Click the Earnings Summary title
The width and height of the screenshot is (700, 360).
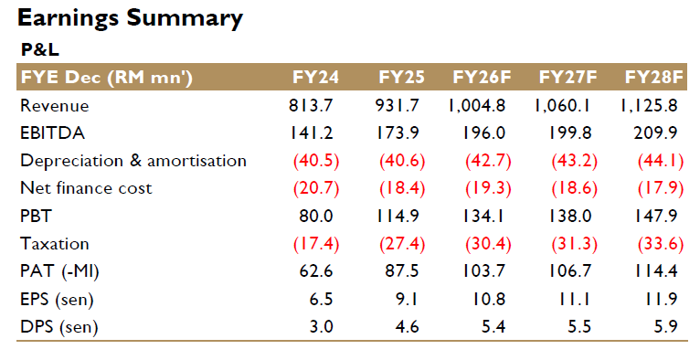click(130, 19)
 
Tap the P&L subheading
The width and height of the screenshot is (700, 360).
click(39, 49)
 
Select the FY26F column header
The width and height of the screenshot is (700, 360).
click(482, 77)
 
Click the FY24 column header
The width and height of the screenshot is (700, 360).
click(315, 77)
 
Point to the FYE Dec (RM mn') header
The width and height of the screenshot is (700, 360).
click(107, 78)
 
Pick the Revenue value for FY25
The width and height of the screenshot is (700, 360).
click(398, 105)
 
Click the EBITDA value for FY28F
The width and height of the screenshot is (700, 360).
click(655, 132)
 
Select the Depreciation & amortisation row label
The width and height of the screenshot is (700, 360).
click(133, 161)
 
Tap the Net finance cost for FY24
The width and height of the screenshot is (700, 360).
click(316, 189)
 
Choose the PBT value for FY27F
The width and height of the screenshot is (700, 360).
click(569, 217)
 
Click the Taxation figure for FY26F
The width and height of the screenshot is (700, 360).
click(488, 244)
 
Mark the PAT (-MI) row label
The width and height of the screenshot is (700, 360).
click(59, 271)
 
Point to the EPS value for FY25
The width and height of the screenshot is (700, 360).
click(407, 299)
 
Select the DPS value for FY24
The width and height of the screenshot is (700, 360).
click(322, 326)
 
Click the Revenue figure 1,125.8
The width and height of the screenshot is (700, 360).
click(649, 105)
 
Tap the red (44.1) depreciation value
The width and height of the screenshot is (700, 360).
click(661, 161)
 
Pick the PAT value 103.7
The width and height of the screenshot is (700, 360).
click(483, 271)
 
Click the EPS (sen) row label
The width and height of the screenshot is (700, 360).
click(58, 299)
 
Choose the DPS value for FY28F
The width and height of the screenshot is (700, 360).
click(666, 326)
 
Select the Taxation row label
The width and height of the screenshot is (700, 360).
click(55, 244)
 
